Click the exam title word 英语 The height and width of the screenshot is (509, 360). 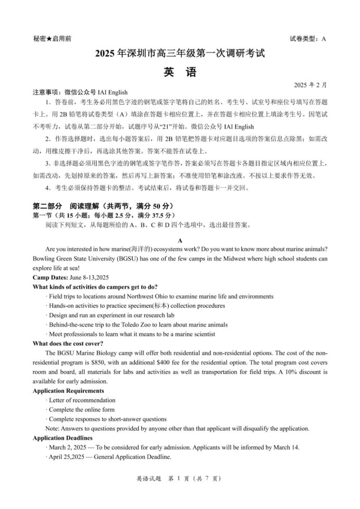(180, 72)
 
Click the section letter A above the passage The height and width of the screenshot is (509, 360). (180, 241)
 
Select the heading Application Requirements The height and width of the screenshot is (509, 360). (68, 391)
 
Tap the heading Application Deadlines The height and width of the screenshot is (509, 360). (63, 438)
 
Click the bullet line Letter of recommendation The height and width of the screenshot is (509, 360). (82, 400)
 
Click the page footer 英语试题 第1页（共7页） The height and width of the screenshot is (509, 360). (180, 492)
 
